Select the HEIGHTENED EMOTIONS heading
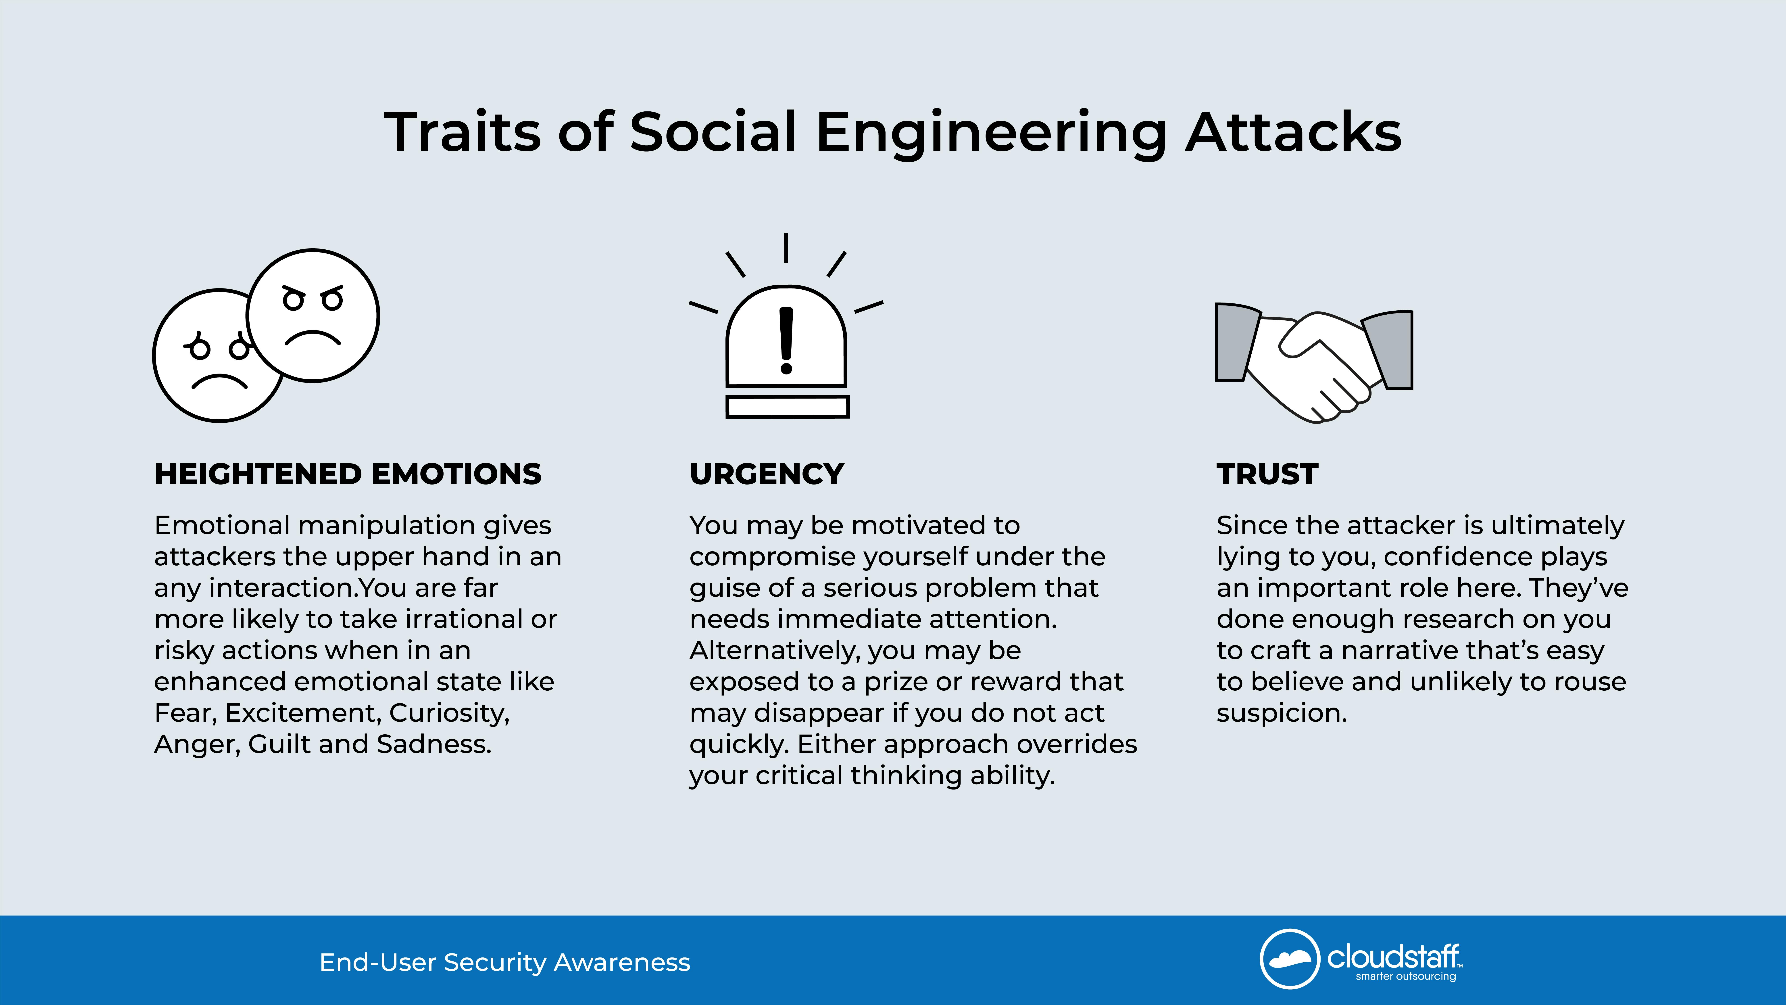pyautogui.click(x=347, y=474)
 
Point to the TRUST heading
pyautogui.click(x=1267, y=474)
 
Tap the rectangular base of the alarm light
pyautogui.click(x=788, y=407)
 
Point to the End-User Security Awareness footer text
pyautogui.click(x=505, y=963)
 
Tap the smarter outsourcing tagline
pyautogui.click(x=1406, y=977)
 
